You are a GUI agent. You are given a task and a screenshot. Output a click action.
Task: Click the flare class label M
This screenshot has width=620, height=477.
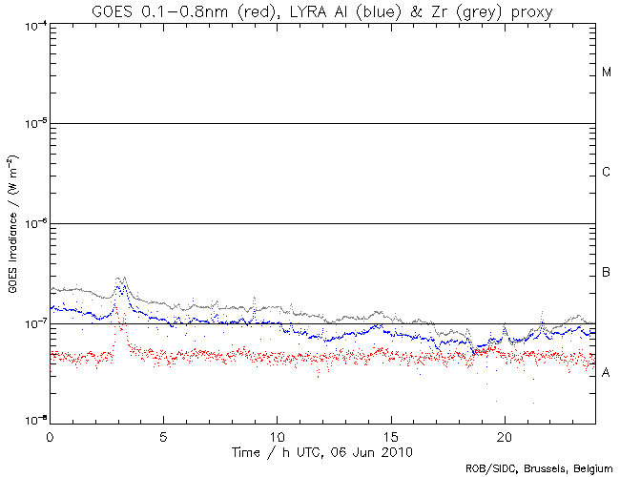coord(607,73)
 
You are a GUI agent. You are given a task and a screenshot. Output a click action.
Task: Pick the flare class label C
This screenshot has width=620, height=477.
coord(607,173)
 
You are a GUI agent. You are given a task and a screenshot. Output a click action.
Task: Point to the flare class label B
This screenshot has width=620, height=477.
coord(607,274)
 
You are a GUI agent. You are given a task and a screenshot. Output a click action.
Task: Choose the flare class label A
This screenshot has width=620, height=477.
coord(607,373)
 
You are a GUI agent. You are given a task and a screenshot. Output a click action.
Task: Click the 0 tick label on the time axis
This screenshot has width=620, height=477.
coord(50,433)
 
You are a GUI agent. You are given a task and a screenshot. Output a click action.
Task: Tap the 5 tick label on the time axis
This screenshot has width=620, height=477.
coord(163,433)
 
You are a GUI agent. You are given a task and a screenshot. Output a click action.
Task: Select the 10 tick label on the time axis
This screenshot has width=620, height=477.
coord(277,433)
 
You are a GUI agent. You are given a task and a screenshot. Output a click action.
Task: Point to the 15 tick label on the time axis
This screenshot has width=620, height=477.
coord(390,433)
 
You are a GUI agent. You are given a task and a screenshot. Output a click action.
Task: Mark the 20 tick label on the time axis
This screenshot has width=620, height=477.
coord(504,433)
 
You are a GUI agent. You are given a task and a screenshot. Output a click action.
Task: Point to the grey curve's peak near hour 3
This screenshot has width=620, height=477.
coord(120,278)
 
